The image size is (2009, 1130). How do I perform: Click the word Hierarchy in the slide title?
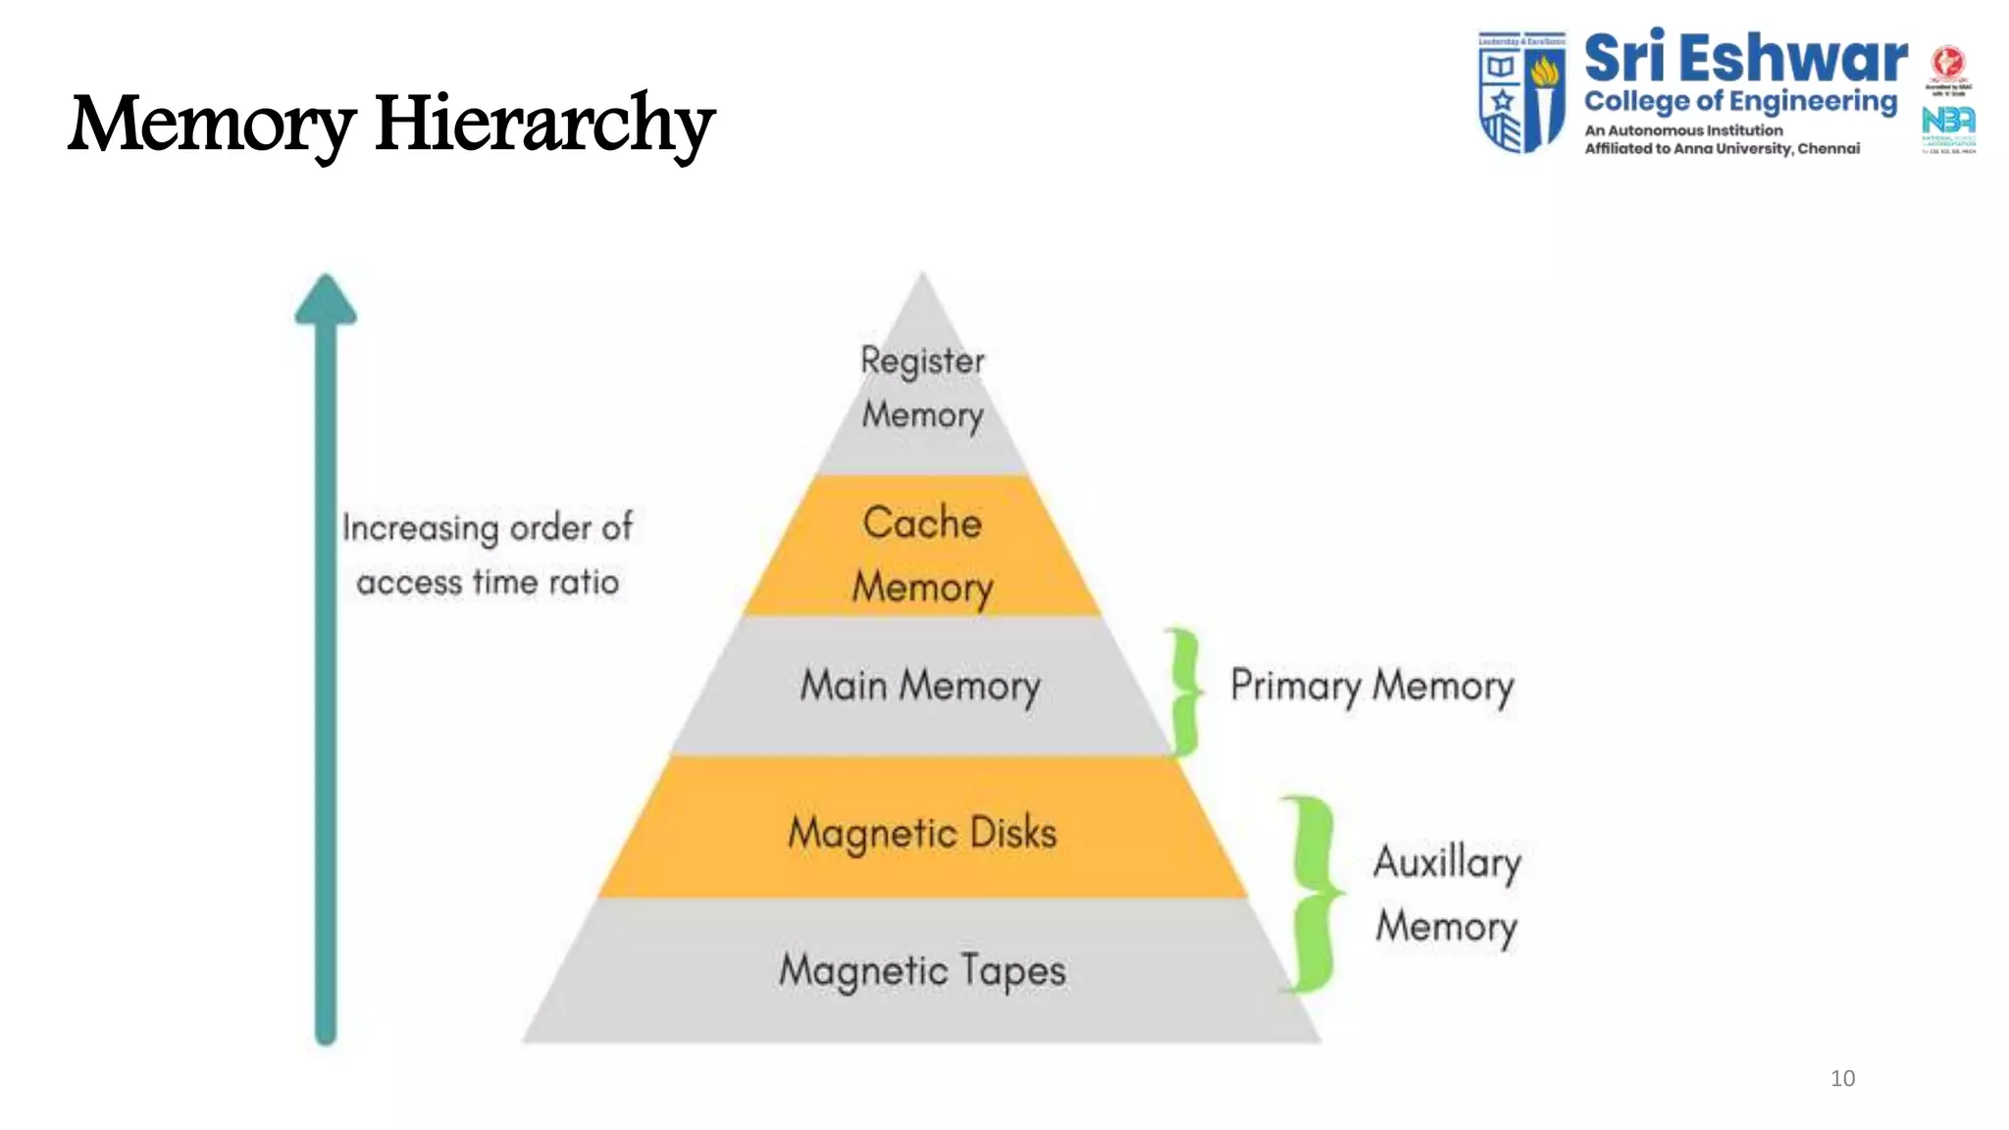(x=544, y=124)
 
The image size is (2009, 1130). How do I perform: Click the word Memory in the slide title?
(x=212, y=124)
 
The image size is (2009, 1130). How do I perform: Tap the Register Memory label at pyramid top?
(x=922, y=387)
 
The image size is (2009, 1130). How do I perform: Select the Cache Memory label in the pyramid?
(x=922, y=554)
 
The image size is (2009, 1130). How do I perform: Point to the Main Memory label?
(x=920, y=686)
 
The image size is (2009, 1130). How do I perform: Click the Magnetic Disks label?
(x=922, y=833)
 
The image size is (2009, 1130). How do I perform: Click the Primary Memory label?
(x=1371, y=686)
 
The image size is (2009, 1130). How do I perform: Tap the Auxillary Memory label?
(x=1447, y=893)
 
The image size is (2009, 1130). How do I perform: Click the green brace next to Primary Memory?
(x=1185, y=692)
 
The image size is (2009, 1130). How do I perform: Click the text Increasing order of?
(x=488, y=528)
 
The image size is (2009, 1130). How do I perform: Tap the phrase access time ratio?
(x=488, y=583)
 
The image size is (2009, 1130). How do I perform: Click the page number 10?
(x=1842, y=1078)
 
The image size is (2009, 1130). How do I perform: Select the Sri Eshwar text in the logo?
(x=1744, y=59)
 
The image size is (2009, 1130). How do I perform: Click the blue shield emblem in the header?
(x=1521, y=91)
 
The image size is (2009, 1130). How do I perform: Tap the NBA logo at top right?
(x=1948, y=122)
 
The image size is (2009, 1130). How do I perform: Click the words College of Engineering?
(x=1740, y=102)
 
